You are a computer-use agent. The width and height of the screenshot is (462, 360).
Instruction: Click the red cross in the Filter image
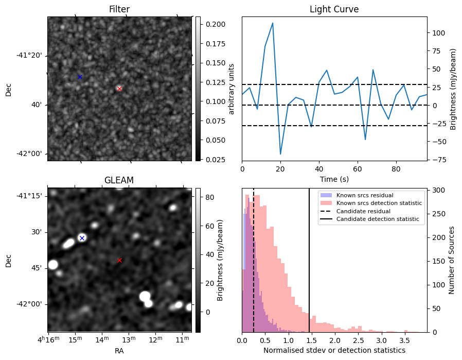tap(119, 89)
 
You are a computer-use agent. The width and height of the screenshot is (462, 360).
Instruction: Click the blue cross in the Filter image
tap(80, 77)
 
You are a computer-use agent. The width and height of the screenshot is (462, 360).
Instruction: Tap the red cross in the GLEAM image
tap(119, 260)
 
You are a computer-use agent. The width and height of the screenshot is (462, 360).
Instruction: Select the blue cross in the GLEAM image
tap(82, 238)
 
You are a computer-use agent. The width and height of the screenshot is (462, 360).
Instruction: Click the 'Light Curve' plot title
tap(334, 9)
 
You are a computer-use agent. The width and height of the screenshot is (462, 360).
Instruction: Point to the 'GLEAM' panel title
tap(119, 180)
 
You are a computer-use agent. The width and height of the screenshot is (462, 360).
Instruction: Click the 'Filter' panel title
tap(119, 9)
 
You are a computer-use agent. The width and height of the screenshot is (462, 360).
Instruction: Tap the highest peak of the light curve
tap(272, 23)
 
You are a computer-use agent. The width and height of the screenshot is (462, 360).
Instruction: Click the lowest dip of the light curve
tap(280, 154)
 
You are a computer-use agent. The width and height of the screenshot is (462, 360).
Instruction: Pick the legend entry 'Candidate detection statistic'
tap(377, 219)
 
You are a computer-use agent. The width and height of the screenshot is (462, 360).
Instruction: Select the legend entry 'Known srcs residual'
tap(365, 195)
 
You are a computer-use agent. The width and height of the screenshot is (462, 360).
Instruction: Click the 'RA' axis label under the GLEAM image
tap(119, 351)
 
